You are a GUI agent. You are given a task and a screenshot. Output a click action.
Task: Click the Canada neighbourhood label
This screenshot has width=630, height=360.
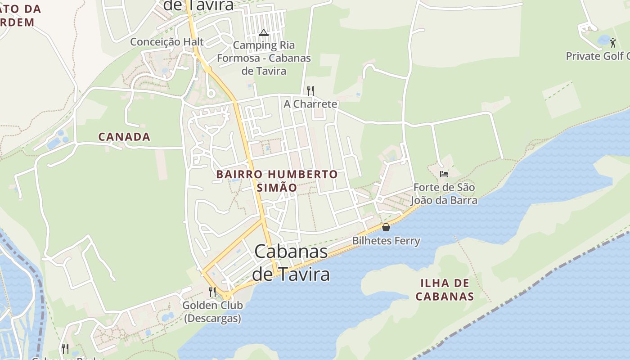click(124, 137)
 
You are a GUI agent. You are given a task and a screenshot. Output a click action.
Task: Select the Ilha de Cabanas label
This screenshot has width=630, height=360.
click(445, 290)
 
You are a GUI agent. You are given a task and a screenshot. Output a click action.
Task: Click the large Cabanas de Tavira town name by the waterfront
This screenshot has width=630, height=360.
click(291, 262)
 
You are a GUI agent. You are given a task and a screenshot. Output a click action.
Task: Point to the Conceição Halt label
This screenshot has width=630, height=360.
click(167, 42)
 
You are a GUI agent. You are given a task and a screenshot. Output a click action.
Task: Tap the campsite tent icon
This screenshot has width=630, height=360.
click(263, 32)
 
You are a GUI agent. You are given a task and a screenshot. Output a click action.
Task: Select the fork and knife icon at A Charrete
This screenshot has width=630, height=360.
click(310, 90)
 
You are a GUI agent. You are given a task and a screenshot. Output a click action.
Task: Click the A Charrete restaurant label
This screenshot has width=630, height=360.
click(310, 104)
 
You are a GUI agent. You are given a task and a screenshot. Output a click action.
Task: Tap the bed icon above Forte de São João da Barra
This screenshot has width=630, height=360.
click(444, 174)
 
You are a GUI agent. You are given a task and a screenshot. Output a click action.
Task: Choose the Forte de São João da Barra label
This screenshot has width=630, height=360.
click(445, 193)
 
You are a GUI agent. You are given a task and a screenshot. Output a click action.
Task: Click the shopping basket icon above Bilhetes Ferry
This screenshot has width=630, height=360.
click(386, 227)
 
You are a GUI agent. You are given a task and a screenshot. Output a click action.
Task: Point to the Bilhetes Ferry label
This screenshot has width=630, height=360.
click(386, 241)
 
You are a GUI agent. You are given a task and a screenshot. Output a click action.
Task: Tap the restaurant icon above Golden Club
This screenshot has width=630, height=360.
click(212, 292)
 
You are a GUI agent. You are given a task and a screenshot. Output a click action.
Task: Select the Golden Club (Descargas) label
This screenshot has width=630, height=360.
click(212, 311)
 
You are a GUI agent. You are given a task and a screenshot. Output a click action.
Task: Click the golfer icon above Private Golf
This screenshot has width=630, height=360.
click(613, 43)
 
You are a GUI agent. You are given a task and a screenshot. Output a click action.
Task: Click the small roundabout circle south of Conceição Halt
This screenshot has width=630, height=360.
click(210, 94)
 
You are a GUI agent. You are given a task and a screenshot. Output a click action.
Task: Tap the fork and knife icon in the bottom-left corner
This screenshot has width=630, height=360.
click(65, 348)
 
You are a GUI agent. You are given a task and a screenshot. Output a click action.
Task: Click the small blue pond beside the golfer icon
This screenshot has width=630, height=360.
click(603, 40)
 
